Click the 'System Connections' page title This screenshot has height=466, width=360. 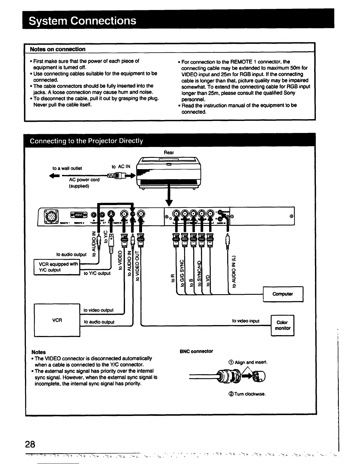(x=82, y=21)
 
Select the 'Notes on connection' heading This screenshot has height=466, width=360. (x=58, y=49)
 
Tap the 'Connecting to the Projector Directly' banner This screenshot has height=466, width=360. (x=86, y=141)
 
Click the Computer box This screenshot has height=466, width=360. (x=283, y=294)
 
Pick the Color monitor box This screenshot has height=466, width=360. (x=282, y=325)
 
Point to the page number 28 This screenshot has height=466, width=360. (x=30, y=444)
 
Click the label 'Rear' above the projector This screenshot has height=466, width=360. (x=169, y=152)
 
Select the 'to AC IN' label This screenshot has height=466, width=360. (x=121, y=167)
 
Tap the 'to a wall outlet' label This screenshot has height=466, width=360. (x=67, y=168)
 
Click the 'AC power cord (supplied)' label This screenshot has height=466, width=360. (x=84, y=183)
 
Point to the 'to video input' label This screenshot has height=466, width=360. (x=246, y=321)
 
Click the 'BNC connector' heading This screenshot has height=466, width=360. (x=196, y=351)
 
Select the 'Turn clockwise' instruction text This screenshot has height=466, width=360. (x=247, y=394)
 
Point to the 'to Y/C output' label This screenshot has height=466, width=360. (x=97, y=273)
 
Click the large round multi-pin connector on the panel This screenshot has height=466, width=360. (x=49, y=216)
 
